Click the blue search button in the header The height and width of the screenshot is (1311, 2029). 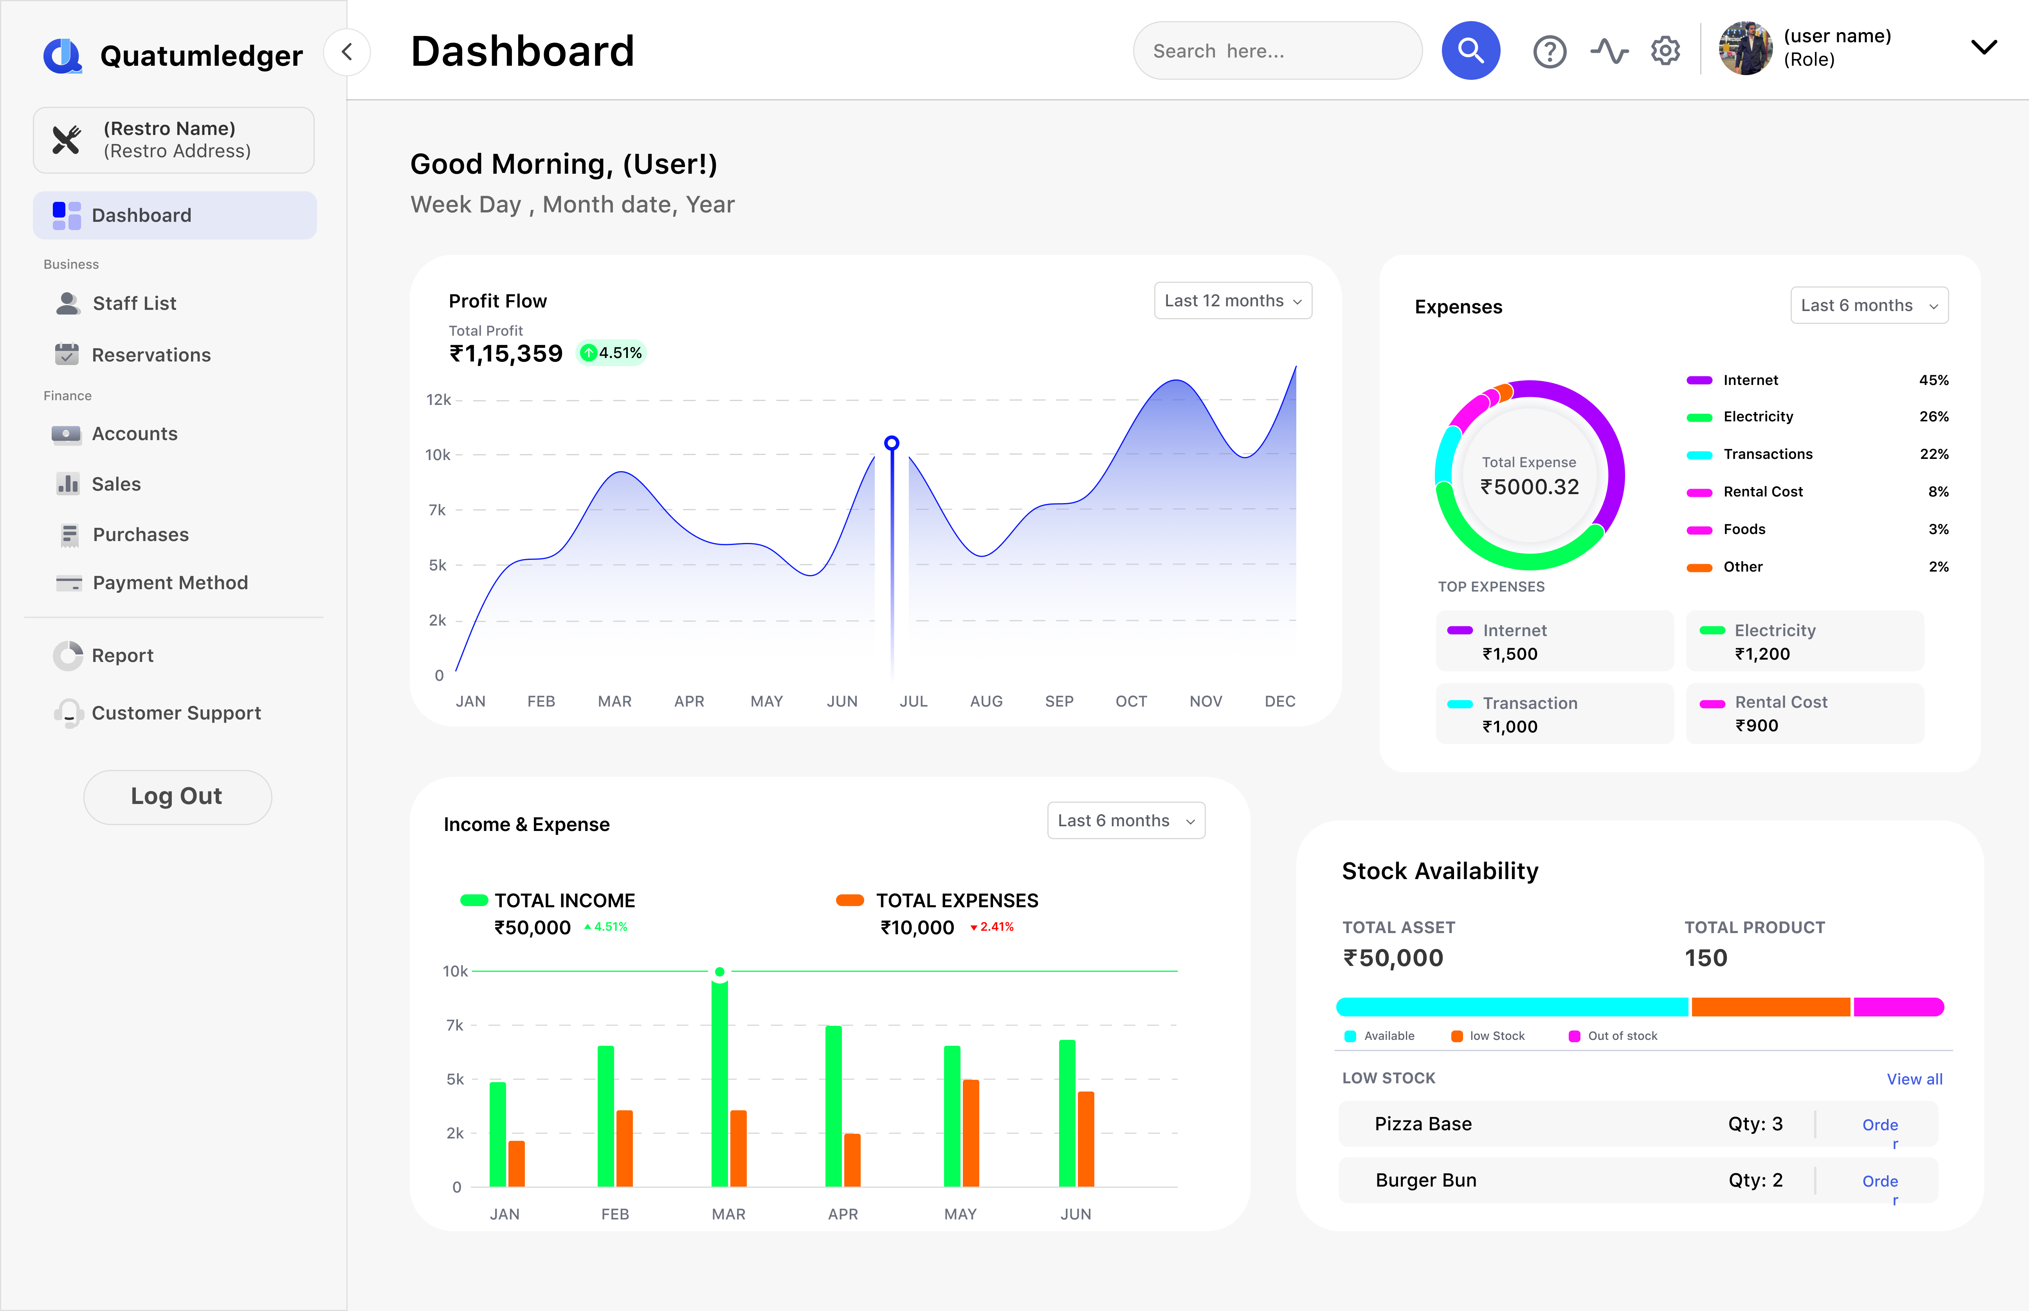coord(1470,51)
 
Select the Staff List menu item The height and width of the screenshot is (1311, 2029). coord(134,303)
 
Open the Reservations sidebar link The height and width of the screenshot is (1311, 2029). coord(151,355)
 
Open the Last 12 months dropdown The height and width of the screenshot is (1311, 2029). coord(1232,300)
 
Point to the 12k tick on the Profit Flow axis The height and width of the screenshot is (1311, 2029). coord(438,399)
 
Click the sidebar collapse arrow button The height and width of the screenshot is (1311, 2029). coord(346,52)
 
